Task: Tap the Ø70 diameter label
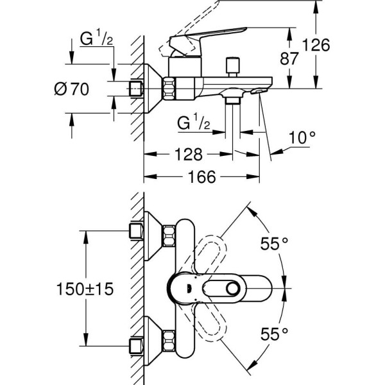(x=71, y=90)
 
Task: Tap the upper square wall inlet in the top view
(x=135, y=232)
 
